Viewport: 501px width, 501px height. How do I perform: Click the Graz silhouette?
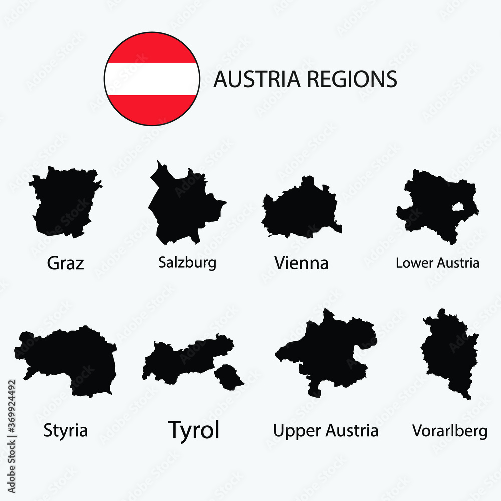64,203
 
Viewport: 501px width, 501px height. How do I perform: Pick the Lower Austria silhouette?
431,205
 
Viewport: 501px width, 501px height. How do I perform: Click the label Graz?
65,263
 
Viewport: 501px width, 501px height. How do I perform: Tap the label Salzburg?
187,262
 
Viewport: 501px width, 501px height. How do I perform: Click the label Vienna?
301,263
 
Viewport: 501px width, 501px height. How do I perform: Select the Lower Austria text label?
437,263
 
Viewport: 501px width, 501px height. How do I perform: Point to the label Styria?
65,430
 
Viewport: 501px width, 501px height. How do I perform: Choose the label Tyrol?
194,430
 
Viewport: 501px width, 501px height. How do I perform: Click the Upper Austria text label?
326,430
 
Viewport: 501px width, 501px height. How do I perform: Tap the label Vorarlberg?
449,430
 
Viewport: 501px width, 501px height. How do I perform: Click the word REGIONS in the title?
351,79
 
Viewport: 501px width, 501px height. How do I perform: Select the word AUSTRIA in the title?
257,79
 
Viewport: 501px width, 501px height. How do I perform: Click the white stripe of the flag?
152,79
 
